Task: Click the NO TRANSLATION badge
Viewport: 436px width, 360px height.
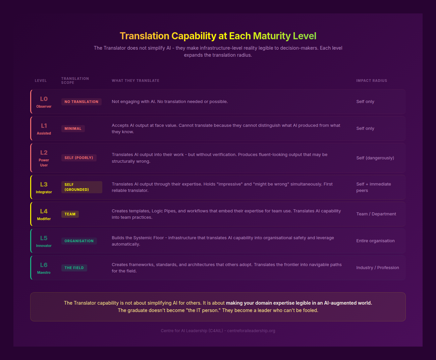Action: point(81,102)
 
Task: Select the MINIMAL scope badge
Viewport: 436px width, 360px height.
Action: point(73,128)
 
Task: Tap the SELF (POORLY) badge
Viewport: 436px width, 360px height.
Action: point(79,158)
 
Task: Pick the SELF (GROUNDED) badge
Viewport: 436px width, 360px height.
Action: point(81,187)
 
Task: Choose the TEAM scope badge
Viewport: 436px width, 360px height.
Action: point(70,214)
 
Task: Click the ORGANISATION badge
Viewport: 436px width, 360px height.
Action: point(79,241)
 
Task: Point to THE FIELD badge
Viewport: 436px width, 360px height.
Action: point(74,268)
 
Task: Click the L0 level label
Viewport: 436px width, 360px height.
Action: point(44,99)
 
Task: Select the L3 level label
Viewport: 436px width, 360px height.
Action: point(44,185)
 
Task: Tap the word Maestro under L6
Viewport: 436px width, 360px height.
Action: point(44,272)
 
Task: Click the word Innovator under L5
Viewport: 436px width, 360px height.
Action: point(44,246)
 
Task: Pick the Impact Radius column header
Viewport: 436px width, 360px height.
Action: point(371,81)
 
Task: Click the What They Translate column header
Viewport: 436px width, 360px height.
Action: point(135,81)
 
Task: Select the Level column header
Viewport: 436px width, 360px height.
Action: point(41,81)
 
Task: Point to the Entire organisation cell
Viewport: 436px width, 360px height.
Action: point(375,241)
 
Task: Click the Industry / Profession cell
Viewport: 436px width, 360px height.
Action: point(377,268)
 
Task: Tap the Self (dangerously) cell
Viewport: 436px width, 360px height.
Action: point(375,158)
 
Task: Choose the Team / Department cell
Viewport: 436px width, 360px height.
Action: point(376,214)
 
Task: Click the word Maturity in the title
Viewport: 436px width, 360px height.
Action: point(272,36)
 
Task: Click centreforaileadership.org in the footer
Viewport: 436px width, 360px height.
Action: point(251,331)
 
